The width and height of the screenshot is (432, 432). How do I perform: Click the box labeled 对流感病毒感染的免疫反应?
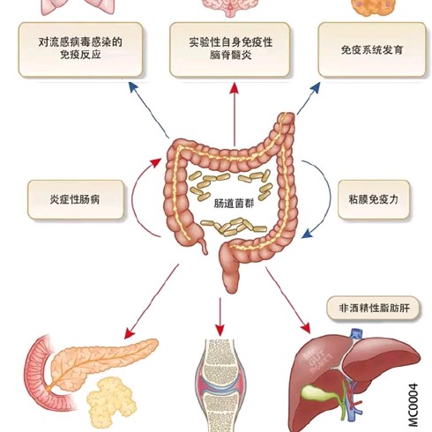click(x=80, y=49)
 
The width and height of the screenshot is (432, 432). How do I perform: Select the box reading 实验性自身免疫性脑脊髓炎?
click(x=230, y=49)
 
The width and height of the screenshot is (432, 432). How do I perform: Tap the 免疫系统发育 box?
click(x=372, y=49)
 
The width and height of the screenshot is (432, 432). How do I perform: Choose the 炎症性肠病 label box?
click(x=76, y=199)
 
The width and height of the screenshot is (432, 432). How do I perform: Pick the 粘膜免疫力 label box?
click(x=374, y=199)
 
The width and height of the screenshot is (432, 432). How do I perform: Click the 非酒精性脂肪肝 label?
click(x=373, y=308)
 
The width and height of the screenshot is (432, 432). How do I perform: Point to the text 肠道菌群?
click(x=234, y=204)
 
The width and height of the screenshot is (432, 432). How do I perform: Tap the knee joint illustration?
click(x=220, y=385)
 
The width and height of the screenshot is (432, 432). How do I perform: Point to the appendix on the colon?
click(x=203, y=246)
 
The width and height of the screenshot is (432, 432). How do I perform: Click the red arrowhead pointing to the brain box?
click(x=235, y=88)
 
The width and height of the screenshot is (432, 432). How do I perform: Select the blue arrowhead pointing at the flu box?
click(x=133, y=87)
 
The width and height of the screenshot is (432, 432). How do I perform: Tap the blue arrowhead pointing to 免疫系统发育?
click(x=316, y=87)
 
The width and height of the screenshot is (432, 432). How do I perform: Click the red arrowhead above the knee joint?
click(x=220, y=330)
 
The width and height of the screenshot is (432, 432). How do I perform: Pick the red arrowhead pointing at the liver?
click(x=306, y=328)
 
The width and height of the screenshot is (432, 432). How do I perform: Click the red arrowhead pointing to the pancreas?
click(x=130, y=333)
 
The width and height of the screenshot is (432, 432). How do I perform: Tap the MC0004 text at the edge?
click(x=413, y=405)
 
